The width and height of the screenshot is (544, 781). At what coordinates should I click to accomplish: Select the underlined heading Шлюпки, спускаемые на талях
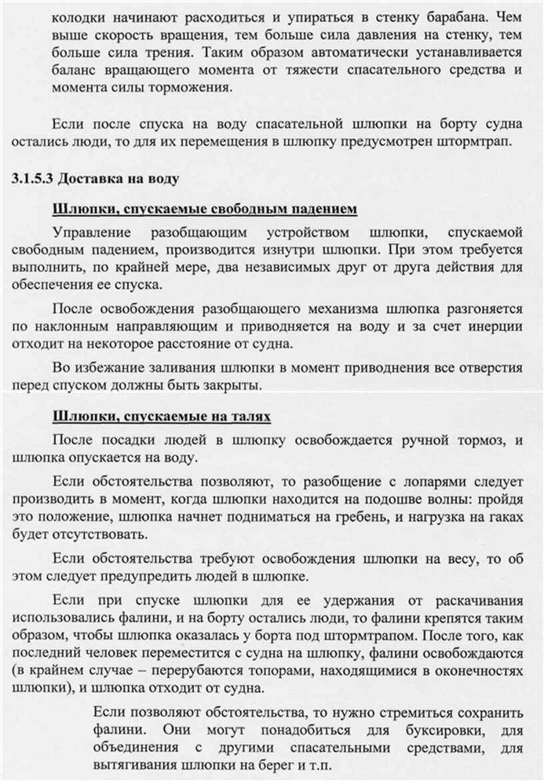[161, 417]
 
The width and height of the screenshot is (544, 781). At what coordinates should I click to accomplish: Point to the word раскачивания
[474, 599]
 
